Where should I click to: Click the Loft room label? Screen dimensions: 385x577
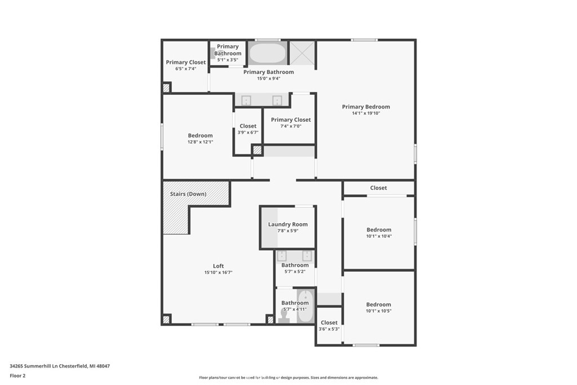click(218, 266)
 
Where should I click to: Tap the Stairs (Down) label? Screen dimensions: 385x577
click(188, 194)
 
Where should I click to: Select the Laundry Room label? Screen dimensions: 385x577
click(288, 224)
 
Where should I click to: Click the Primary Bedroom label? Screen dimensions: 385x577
click(366, 107)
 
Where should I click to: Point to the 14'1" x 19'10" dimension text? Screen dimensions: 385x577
click(366, 113)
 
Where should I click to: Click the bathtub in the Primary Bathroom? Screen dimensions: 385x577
click(267, 53)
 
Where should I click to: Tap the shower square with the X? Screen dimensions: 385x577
click(301, 53)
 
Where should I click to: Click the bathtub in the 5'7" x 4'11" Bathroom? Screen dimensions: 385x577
click(305, 307)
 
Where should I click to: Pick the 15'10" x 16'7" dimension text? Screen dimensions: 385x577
click(218, 273)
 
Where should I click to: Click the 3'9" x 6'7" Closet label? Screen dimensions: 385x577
click(248, 126)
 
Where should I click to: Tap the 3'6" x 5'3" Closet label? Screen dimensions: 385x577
click(329, 323)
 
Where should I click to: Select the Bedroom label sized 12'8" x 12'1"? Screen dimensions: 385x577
click(200, 135)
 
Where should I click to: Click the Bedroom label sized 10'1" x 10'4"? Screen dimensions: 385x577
click(379, 229)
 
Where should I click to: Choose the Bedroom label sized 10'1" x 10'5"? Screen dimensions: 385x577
click(379, 304)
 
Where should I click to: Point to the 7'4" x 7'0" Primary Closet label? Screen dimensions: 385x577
click(291, 120)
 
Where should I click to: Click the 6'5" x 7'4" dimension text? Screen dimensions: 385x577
click(185, 69)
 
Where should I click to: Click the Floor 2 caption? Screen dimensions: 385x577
click(18, 375)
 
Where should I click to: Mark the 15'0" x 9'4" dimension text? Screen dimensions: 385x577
click(268, 78)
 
